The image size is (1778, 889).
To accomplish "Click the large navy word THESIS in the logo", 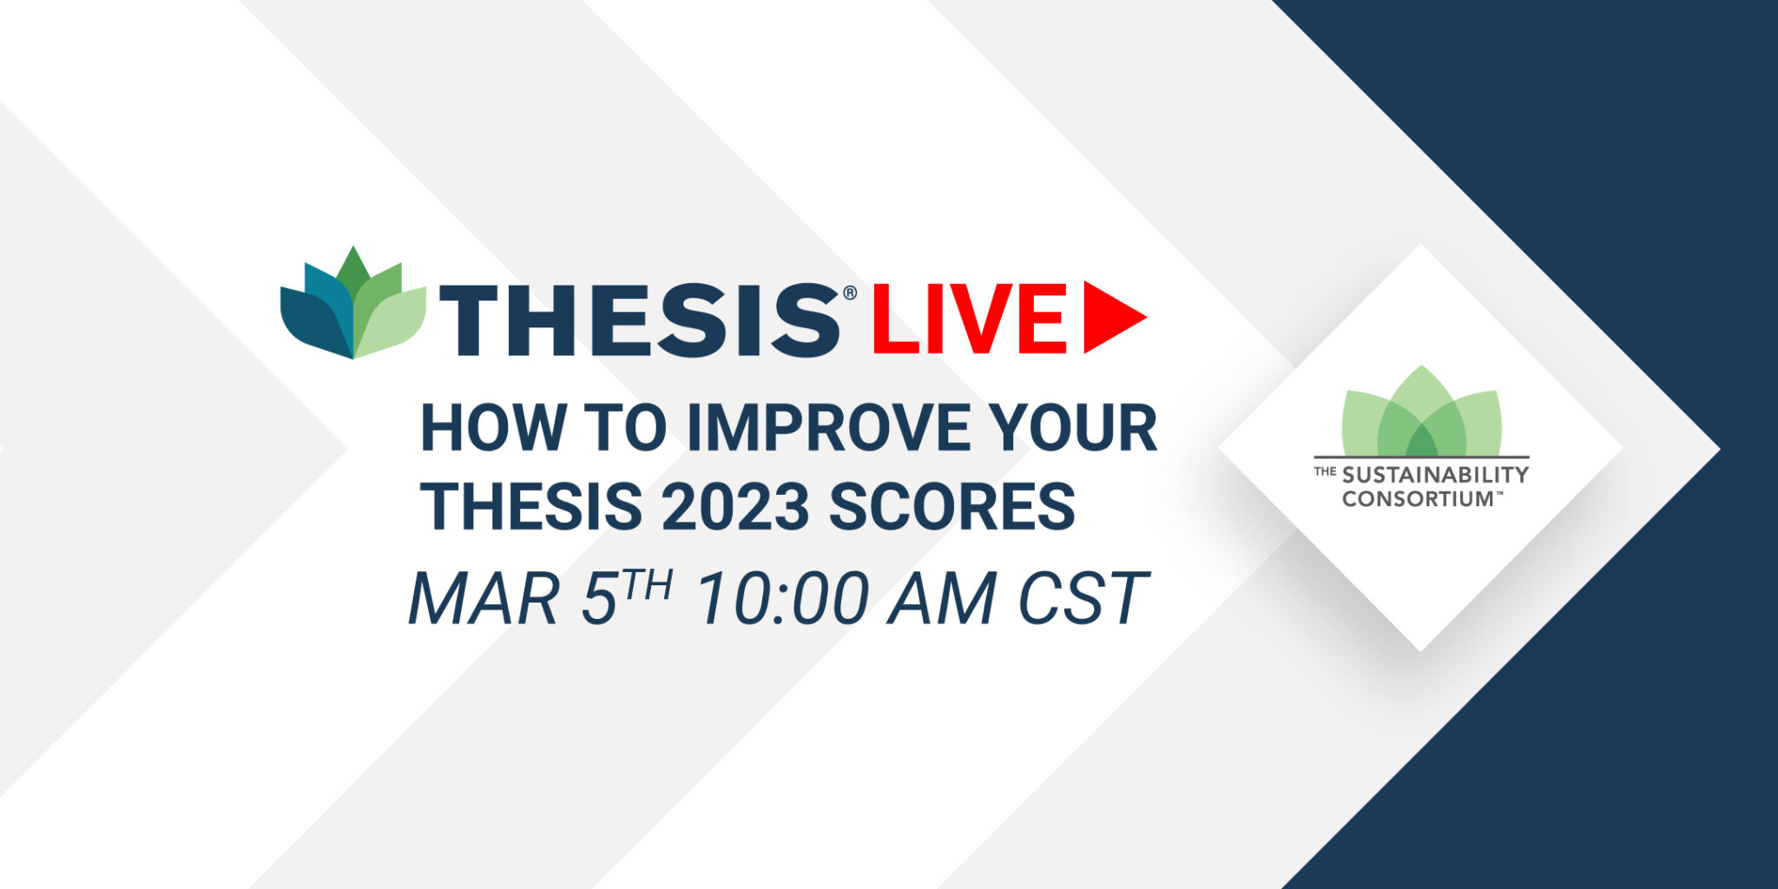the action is click(x=641, y=320).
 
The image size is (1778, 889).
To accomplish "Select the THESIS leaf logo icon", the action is click(x=353, y=303).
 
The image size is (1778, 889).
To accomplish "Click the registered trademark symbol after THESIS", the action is click(x=850, y=293).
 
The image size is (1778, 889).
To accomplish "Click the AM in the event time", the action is click(x=942, y=598).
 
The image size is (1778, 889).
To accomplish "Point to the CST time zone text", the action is click(x=1083, y=598).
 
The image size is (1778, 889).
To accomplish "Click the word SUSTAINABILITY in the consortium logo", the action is click(x=1435, y=475).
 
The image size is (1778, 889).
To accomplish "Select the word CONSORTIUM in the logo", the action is click(x=1417, y=499).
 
